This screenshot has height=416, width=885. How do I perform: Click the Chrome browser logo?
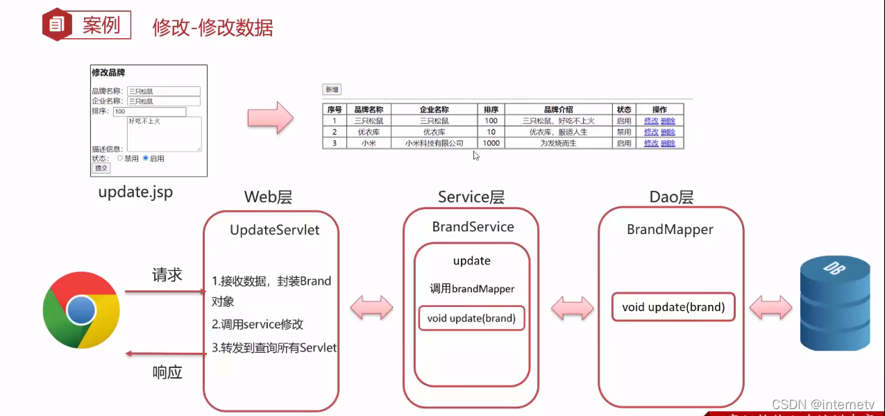point(81,310)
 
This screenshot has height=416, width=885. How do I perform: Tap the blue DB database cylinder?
point(834,303)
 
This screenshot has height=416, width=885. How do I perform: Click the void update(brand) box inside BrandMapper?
point(673,307)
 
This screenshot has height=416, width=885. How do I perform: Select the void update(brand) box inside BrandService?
point(471,318)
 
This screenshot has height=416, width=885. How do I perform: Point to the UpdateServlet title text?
point(274,230)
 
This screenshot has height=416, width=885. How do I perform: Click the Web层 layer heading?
point(268,197)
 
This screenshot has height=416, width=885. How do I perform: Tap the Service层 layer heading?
point(471,197)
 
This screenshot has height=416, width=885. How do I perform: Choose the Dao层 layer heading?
point(671,197)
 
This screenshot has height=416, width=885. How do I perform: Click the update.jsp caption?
point(135,192)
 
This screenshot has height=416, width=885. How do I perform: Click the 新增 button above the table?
point(332,90)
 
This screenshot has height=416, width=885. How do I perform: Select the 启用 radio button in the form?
point(146,158)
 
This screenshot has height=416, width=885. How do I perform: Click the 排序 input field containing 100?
point(149,112)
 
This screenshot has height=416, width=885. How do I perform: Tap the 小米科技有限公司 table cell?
point(435,143)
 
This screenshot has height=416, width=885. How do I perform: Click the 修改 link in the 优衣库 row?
point(651,132)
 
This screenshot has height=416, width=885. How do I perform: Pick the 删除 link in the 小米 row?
point(668,143)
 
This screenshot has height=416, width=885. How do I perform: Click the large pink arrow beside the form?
point(271,117)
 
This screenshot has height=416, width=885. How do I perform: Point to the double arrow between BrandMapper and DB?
point(770,307)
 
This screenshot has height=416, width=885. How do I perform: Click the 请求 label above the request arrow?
point(167,275)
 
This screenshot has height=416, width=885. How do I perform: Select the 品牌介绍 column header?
point(558,110)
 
